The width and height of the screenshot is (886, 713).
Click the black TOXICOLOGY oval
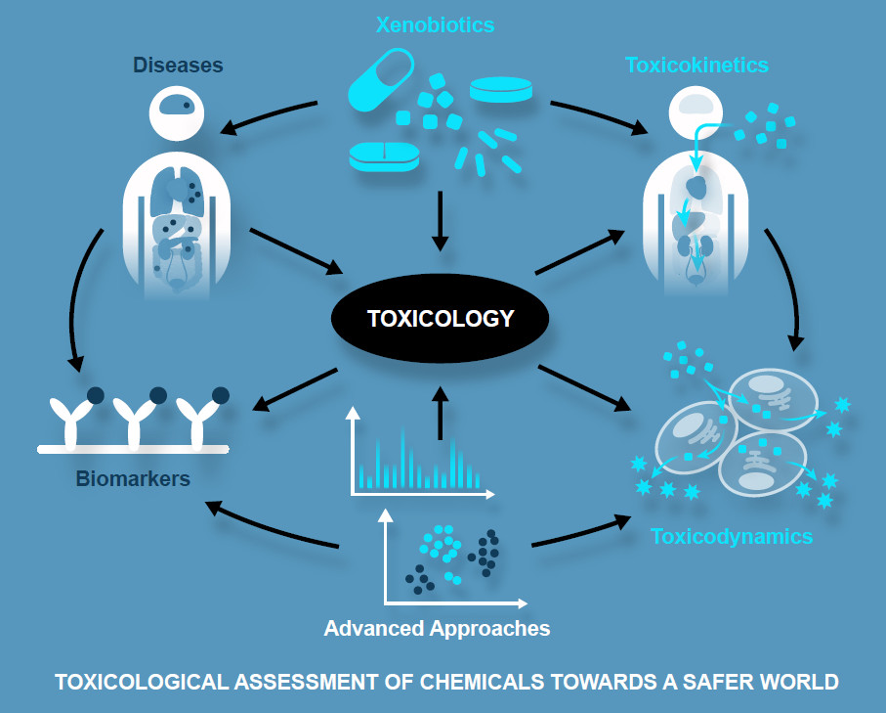pos(440,319)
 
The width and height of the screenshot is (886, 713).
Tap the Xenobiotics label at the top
pos(435,24)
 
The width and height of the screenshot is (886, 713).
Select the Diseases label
pos(179,67)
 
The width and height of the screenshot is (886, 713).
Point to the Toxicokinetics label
pos(696,66)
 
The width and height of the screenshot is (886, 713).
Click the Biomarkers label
pos(133,479)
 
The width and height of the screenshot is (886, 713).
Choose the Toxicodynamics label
pos(731,536)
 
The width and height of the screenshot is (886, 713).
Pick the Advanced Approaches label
pos(437,627)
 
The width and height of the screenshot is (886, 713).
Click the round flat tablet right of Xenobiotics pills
pos(501,91)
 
